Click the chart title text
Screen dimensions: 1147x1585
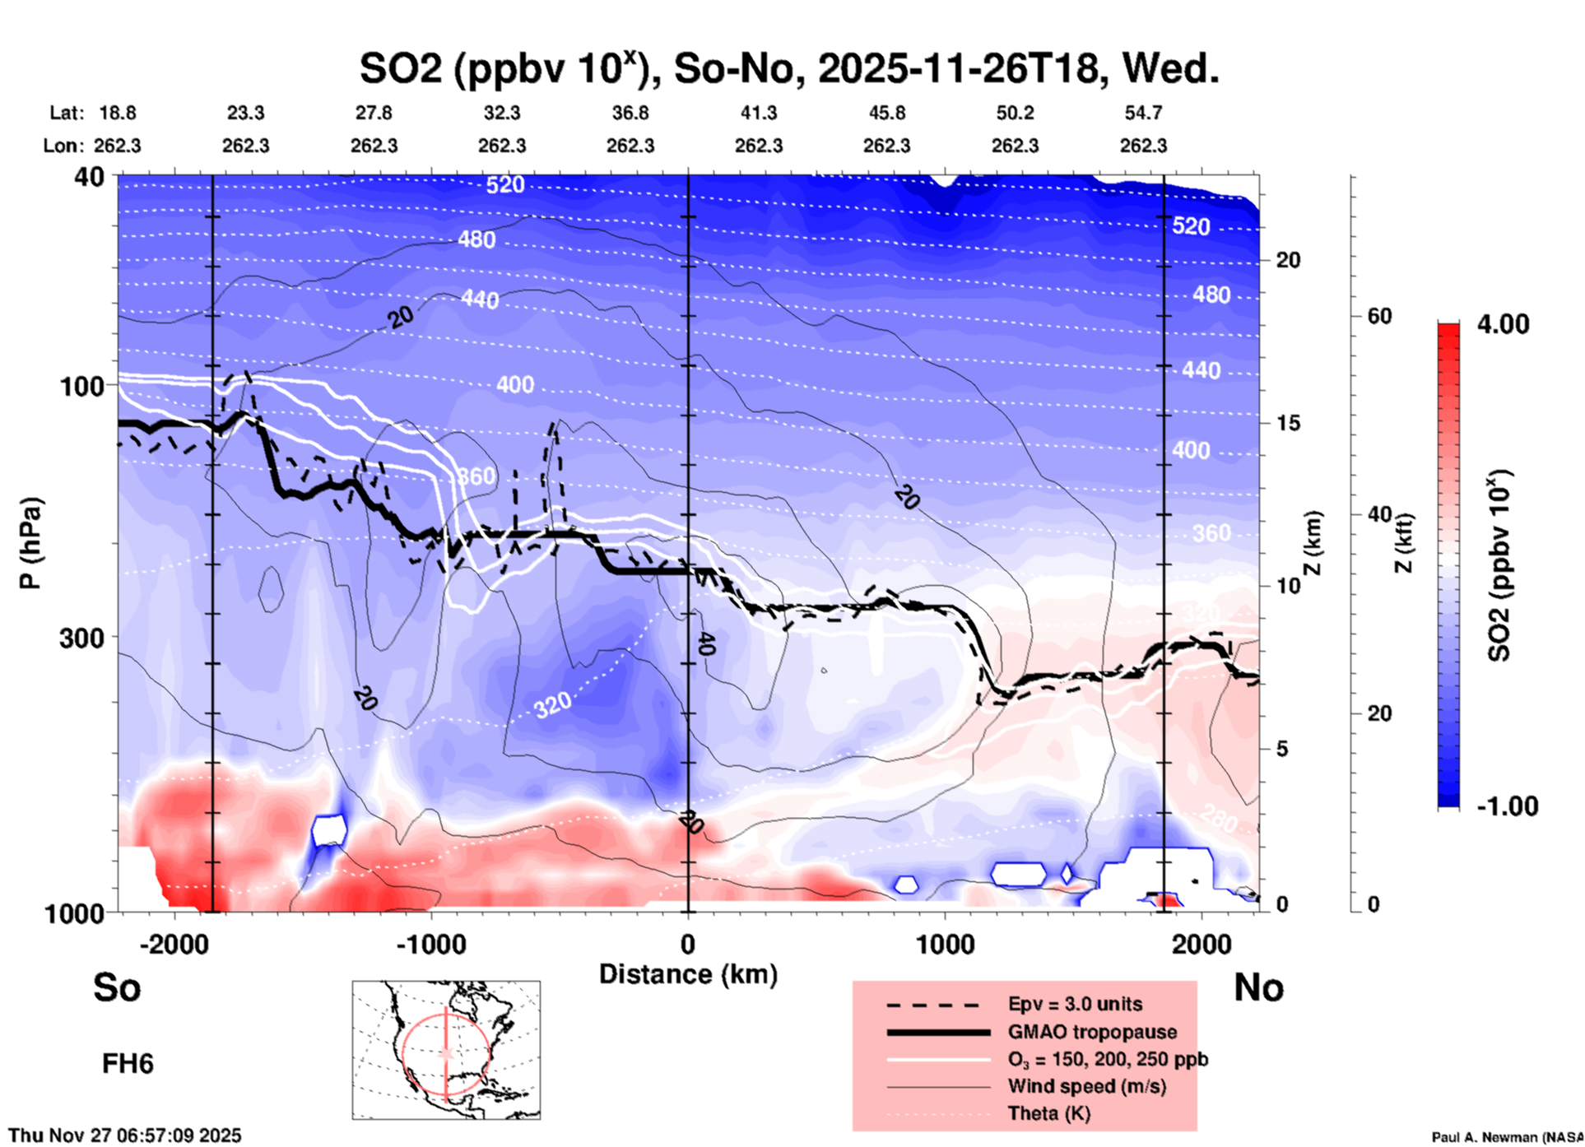click(x=788, y=68)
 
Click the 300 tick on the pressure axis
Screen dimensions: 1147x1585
click(x=81, y=638)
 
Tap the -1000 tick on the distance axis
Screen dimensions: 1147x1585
click(x=430, y=945)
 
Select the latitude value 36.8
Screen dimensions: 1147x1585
click(x=630, y=113)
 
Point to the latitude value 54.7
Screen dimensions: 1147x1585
click(x=1143, y=113)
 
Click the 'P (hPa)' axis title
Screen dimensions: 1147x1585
click(x=30, y=543)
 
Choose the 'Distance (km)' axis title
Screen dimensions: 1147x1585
click(x=688, y=974)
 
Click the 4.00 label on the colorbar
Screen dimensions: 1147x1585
click(x=1503, y=324)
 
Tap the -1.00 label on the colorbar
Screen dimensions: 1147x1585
click(x=1507, y=806)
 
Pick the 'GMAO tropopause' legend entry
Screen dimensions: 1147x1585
click(x=1092, y=1032)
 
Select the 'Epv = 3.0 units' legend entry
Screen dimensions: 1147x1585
click(x=1074, y=1005)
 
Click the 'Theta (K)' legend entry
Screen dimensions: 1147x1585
click(x=1048, y=1113)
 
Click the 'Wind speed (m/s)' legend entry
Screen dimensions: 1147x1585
click(x=1086, y=1086)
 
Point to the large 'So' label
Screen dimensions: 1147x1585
click(x=117, y=987)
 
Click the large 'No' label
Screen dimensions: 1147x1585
click(x=1258, y=987)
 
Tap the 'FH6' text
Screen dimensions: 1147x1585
click(x=128, y=1064)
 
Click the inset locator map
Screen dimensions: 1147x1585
click(x=446, y=1050)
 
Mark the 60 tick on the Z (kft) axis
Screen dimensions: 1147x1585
click(x=1379, y=317)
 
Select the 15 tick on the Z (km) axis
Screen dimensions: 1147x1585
click(x=1288, y=423)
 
